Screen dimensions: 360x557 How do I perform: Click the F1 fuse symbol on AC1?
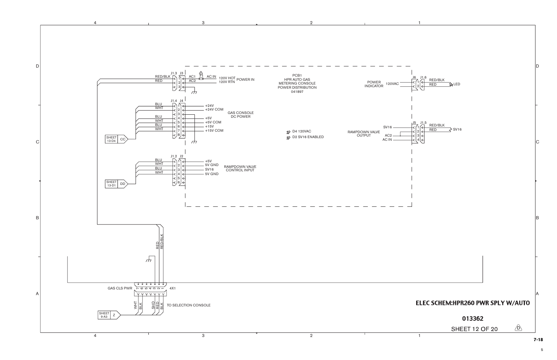tap(201, 79)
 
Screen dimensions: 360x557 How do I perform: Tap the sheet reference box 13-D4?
tap(111, 139)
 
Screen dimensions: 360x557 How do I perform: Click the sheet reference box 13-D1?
tap(111, 184)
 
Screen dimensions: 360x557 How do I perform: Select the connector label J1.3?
tap(174, 73)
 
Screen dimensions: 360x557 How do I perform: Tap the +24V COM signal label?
tap(214, 109)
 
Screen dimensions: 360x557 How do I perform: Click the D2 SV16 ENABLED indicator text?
tap(308, 137)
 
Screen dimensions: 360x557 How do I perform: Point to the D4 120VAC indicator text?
tap(301, 131)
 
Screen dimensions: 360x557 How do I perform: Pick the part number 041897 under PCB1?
tap(297, 92)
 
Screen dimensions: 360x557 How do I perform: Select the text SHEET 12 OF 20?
tap(474, 329)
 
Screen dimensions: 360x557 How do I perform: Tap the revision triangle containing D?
tap(518, 328)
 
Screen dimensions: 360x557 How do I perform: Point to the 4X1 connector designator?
tap(173, 288)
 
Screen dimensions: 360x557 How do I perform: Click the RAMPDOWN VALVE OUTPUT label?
tap(364, 134)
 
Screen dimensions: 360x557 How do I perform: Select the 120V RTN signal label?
tap(227, 82)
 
